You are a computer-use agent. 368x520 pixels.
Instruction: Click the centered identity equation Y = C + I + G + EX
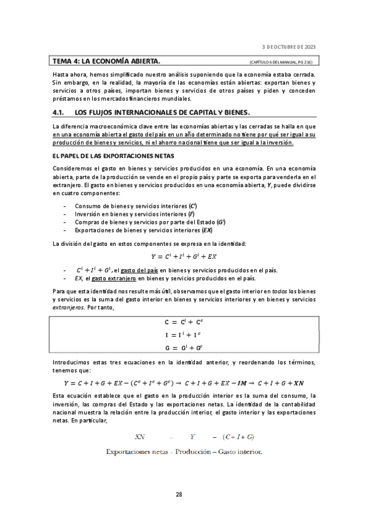tap(184, 256)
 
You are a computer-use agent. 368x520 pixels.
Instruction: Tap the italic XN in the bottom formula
tap(141, 437)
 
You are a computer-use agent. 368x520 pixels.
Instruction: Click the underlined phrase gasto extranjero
tap(113, 278)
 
